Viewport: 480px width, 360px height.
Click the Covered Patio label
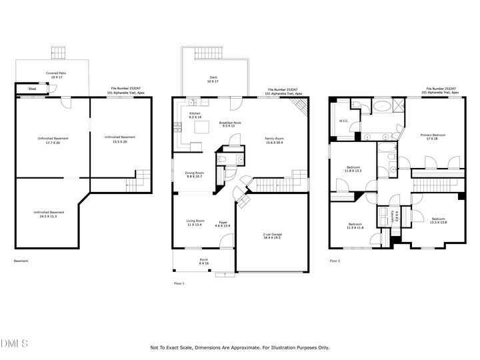click(56, 75)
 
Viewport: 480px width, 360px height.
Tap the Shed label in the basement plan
click(32, 89)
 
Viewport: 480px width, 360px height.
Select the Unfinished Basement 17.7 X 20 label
click(49, 141)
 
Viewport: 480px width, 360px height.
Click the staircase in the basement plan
click(141, 177)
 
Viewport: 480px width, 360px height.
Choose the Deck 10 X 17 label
click(213, 80)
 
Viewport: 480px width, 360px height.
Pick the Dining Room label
click(195, 175)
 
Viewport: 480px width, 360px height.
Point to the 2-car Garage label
click(273, 235)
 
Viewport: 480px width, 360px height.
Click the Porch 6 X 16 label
click(204, 261)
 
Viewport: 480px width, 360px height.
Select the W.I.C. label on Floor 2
click(344, 121)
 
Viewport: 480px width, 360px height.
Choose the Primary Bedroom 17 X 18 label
click(433, 137)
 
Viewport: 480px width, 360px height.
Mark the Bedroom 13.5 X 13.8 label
click(437, 221)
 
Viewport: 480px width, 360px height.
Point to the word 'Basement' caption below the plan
click(21, 261)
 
